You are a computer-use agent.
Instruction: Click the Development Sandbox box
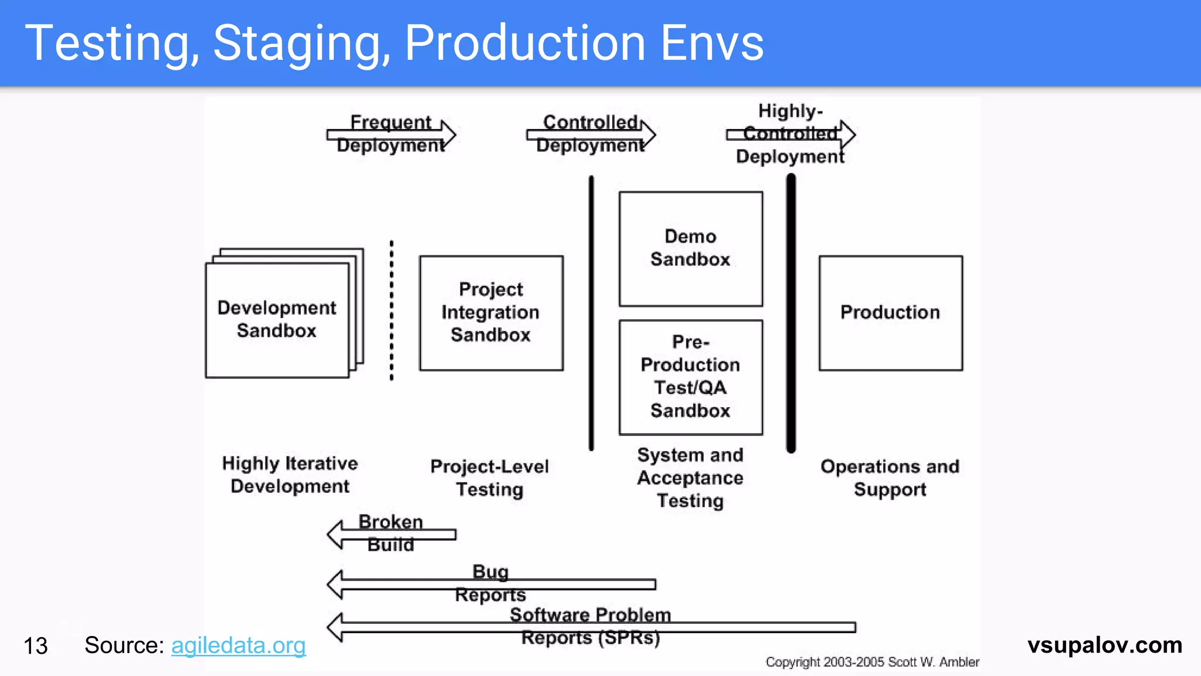pyautogui.click(x=277, y=319)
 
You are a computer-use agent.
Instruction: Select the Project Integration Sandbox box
pyautogui.click(x=491, y=312)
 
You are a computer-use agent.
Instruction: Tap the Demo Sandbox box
pyautogui.click(x=691, y=248)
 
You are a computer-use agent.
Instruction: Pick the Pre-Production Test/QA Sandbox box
pyautogui.click(x=691, y=377)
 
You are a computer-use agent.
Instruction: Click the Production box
pyautogui.click(x=890, y=312)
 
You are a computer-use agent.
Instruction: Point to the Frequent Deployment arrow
pyautogui.click(x=391, y=134)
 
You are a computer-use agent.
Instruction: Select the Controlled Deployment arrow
pyautogui.click(x=591, y=134)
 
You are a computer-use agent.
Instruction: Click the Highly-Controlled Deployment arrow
pyautogui.click(x=791, y=134)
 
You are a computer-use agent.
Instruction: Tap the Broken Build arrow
pyautogui.click(x=391, y=534)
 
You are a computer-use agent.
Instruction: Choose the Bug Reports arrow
pyautogui.click(x=491, y=584)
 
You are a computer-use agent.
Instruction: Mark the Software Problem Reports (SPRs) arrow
pyautogui.click(x=591, y=627)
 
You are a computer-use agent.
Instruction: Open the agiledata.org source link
pyautogui.click(x=238, y=645)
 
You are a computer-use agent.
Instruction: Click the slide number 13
pyautogui.click(x=35, y=646)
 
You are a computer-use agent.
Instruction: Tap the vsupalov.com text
pyautogui.click(x=1104, y=645)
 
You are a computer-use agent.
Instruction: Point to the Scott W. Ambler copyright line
pyautogui.click(x=872, y=662)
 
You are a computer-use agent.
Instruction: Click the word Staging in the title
pyautogui.click(x=301, y=43)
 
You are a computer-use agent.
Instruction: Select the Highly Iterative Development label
pyautogui.click(x=290, y=475)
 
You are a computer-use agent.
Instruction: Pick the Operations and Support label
pyautogui.click(x=890, y=478)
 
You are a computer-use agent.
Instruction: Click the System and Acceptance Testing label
pyautogui.click(x=690, y=478)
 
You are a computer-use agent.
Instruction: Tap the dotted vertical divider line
pyautogui.click(x=392, y=310)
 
